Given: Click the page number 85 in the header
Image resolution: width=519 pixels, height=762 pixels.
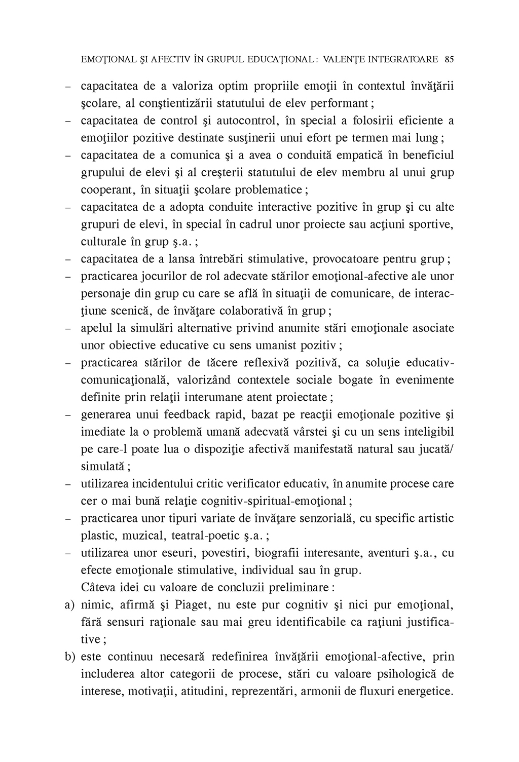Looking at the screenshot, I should (x=449, y=59).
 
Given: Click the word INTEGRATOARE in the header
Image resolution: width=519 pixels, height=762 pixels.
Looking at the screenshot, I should (x=403, y=59).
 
